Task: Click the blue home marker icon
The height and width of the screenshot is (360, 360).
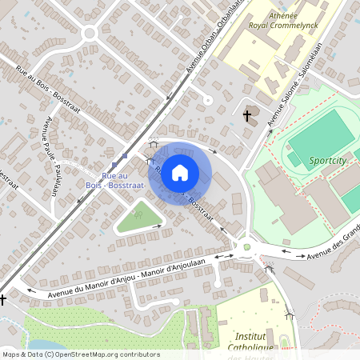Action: coord(180,172)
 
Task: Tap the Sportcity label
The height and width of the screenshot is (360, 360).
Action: coord(328,161)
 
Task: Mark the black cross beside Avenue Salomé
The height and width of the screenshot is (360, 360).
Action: coord(248,117)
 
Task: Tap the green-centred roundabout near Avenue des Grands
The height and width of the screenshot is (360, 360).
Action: coord(247,247)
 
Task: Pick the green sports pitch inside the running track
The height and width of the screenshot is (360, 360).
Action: coord(320,134)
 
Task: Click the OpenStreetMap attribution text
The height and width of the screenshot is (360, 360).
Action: coord(81,354)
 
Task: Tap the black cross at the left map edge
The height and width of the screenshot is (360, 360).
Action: coord(3,300)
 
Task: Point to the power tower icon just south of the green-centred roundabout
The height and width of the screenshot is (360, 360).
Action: coord(270,270)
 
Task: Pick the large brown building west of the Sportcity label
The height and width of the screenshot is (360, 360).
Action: coord(283,195)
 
